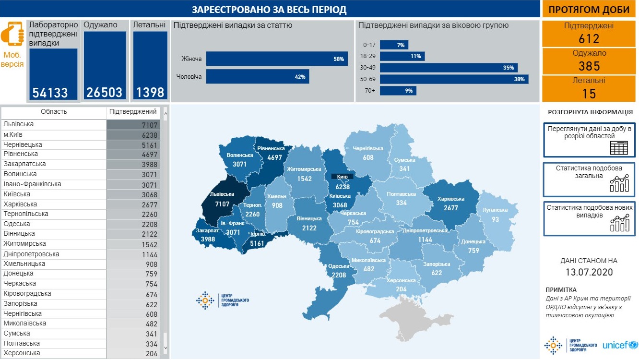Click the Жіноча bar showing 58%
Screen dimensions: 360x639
click(277, 59)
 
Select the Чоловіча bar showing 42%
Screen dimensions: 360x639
click(257, 77)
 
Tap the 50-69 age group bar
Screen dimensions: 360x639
click(454, 79)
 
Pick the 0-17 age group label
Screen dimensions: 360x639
click(369, 45)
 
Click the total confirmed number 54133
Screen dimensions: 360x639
click(50, 92)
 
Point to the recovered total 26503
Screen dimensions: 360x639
click(105, 92)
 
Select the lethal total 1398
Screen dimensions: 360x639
click(150, 92)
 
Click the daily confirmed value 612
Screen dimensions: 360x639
click(589, 39)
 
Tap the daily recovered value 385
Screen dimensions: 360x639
click(589, 66)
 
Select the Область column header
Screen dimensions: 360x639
click(54, 112)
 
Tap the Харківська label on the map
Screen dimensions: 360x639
click(451, 199)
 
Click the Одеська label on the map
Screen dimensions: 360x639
click(339, 266)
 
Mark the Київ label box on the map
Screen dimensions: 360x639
click(342, 177)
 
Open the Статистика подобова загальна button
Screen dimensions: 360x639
click(589, 179)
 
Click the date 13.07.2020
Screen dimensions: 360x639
click(589, 272)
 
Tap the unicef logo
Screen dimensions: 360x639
click(620, 345)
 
